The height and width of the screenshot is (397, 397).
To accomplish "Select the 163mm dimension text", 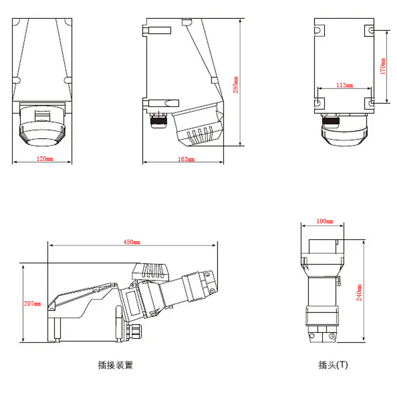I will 186,159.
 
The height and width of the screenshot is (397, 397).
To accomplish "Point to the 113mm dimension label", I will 344,85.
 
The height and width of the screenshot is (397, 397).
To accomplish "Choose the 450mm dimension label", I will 132,242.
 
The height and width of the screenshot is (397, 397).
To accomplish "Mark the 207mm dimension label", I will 32,304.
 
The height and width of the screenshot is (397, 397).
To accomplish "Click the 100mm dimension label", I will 325,221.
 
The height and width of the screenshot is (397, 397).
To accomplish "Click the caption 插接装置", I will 116,365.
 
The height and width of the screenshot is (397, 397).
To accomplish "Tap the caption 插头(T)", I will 333,365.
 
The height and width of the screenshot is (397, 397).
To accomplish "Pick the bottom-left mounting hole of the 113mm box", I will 318,103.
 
